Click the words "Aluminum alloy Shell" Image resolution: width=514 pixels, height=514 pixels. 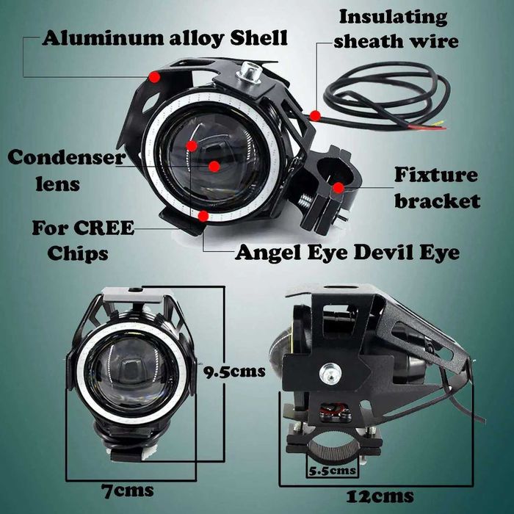(x=164, y=39)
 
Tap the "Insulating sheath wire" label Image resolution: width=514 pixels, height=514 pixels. (x=395, y=29)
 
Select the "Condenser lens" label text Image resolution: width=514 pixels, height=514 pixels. (x=67, y=170)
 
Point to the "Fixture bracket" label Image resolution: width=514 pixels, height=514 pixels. (x=438, y=188)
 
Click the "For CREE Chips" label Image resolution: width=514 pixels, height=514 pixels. (x=83, y=240)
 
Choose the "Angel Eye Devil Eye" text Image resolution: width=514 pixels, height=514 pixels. (x=347, y=253)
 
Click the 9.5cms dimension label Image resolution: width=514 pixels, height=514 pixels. (x=234, y=372)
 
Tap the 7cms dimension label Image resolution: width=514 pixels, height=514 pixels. (x=127, y=491)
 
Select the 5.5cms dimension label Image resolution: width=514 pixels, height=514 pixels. (x=332, y=471)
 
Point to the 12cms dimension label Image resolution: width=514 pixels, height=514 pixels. (x=380, y=496)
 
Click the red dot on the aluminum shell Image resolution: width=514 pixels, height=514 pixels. (x=154, y=77)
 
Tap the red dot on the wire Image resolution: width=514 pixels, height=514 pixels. (x=315, y=116)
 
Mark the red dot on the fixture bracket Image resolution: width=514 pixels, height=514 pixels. (x=339, y=188)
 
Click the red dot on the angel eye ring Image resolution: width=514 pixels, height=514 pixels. (x=203, y=216)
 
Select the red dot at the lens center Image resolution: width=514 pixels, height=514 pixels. (x=214, y=167)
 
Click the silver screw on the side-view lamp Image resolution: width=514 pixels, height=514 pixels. (x=330, y=373)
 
